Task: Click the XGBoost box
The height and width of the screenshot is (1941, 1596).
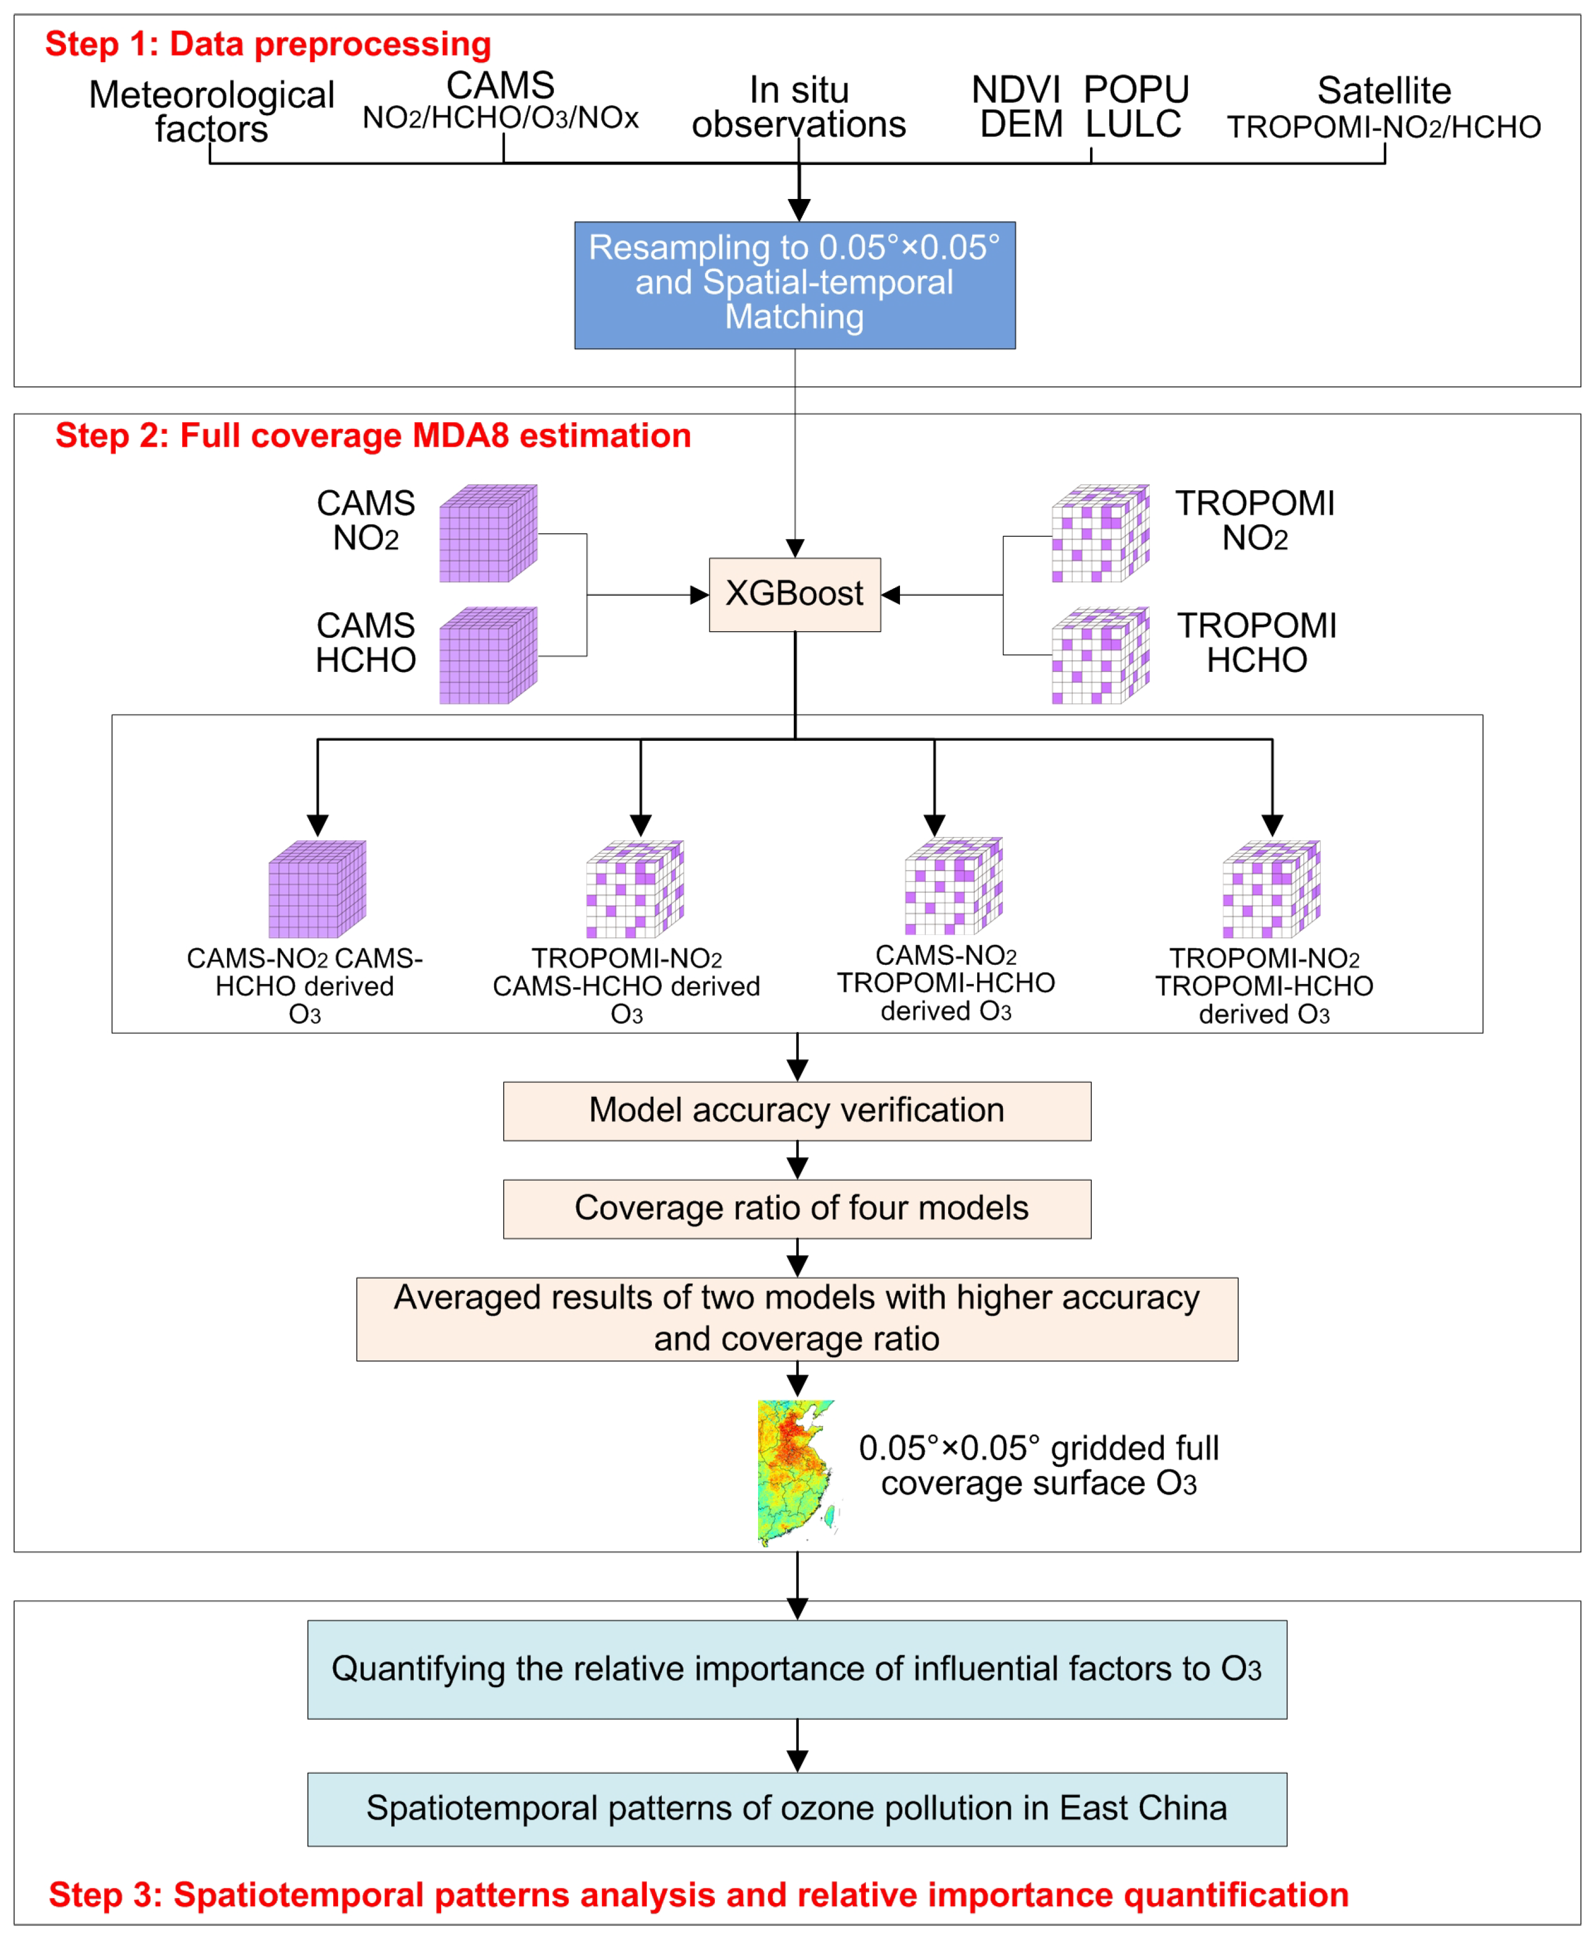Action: tap(794, 594)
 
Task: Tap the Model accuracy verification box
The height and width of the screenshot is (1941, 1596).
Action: tap(796, 1111)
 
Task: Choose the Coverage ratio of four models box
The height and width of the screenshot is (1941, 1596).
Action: tap(796, 1208)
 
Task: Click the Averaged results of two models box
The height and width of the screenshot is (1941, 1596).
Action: tap(796, 1319)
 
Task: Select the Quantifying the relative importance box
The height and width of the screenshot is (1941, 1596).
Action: tap(796, 1669)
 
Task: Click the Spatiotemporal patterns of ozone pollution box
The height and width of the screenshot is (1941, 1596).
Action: tap(796, 1809)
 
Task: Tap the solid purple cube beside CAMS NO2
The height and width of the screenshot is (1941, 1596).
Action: tap(487, 533)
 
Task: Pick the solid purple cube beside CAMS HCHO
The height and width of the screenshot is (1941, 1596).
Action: tap(487, 656)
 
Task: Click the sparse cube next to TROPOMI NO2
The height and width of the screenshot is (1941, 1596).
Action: tap(1100, 533)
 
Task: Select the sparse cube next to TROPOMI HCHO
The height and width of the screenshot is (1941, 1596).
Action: tap(1100, 656)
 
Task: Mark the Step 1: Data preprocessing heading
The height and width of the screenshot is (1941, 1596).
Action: tap(268, 44)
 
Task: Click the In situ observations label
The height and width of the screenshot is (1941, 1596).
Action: tap(798, 107)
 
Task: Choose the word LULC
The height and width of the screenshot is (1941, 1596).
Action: tap(1133, 124)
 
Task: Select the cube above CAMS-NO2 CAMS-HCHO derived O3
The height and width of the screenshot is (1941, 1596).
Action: tap(317, 889)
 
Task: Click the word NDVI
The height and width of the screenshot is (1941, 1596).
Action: tap(1016, 90)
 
